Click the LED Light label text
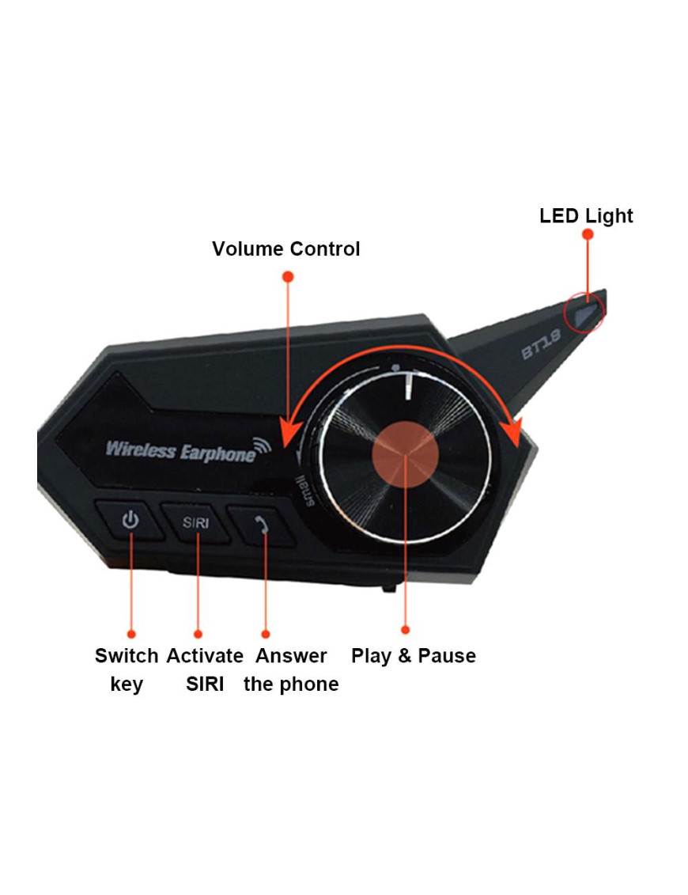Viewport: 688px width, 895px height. tap(586, 216)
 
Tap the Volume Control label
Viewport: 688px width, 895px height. tap(285, 249)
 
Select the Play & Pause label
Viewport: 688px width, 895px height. tap(413, 656)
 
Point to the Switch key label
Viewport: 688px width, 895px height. tap(127, 669)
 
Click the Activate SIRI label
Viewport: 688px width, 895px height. tap(205, 669)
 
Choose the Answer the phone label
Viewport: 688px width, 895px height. tap(291, 669)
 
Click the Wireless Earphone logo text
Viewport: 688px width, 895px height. tap(181, 451)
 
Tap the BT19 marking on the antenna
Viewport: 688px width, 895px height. tap(541, 345)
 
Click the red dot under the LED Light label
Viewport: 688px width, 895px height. tap(587, 234)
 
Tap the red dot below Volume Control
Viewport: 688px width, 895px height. tap(288, 276)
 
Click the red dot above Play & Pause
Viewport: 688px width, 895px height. tap(406, 630)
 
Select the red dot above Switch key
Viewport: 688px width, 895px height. tap(131, 634)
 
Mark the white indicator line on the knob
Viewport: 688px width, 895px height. tap(410, 387)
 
